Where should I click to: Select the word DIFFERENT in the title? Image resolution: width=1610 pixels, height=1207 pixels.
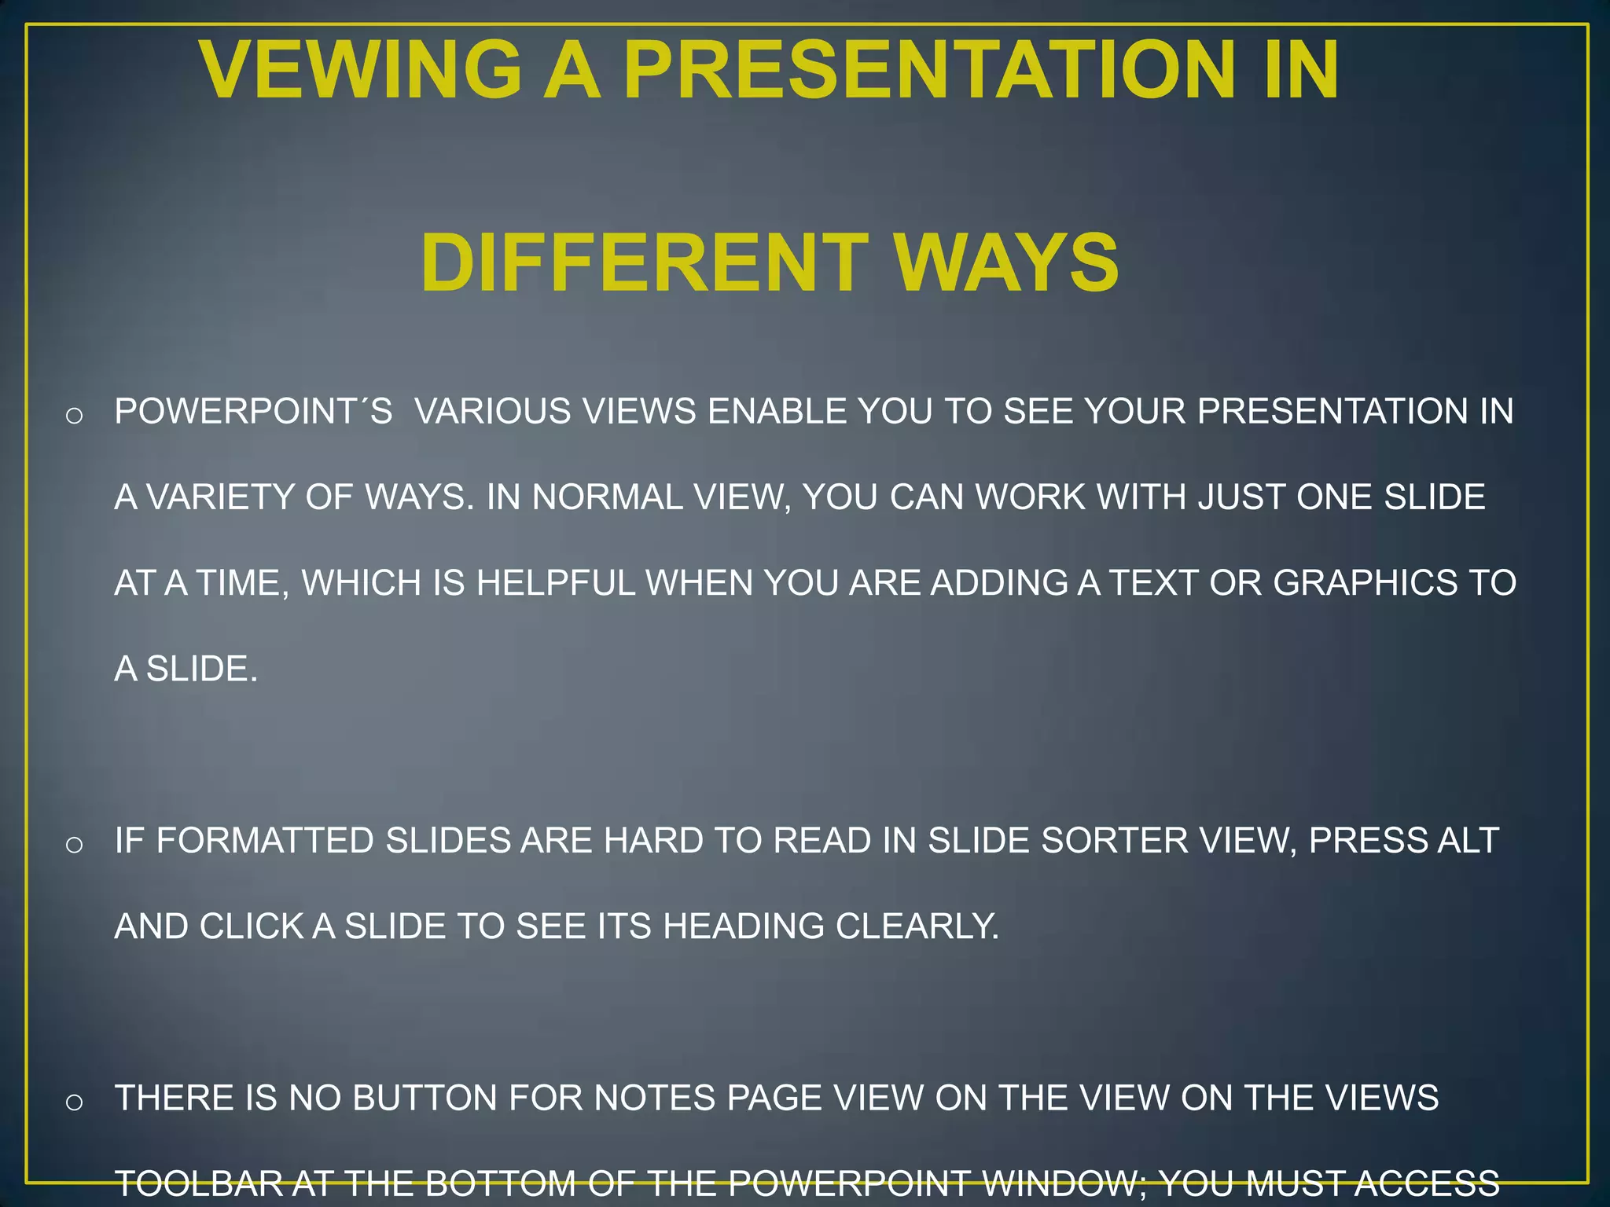(644, 263)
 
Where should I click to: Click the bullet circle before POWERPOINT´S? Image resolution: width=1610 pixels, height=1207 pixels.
(74, 415)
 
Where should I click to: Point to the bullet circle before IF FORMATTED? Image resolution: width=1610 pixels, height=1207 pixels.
(74, 845)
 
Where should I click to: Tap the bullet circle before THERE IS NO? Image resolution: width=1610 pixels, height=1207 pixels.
(74, 1102)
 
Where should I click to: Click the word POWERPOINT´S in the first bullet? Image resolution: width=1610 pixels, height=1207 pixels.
(253, 412)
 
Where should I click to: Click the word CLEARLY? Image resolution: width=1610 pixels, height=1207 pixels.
(917, 926)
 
